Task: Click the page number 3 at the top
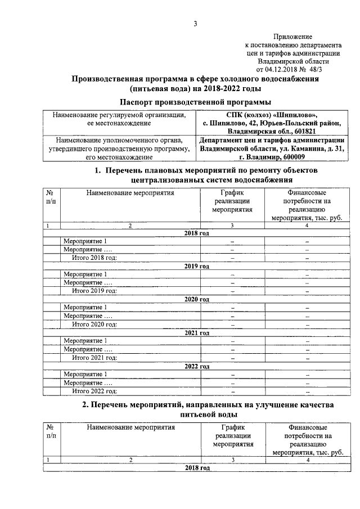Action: point(195,24)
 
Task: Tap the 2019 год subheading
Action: point(197,267)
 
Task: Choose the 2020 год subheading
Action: point(197,300)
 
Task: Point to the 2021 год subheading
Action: point(197,333)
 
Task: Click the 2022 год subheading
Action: point(197,366)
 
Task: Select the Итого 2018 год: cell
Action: point(94,258)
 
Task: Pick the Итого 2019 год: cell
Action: point(94,291)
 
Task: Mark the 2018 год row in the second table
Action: point(197,468)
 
